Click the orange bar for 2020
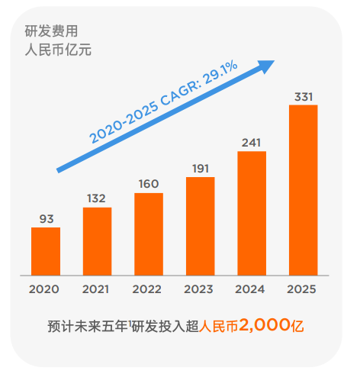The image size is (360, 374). click(46, 251)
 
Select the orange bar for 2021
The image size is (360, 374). click(97, 241)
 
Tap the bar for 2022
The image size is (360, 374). click(149, 234)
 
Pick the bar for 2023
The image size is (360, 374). click(200, 226)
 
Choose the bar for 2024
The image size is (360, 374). click(252, 213)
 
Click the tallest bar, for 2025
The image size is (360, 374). click(303, 190)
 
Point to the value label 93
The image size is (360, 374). click(46, 219)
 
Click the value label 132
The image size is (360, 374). click(97, 198)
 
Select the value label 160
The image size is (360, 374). click(149, 184)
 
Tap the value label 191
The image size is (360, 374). click(200, 169)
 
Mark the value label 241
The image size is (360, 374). click(252, 143)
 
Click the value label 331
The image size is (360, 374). click(303, 96)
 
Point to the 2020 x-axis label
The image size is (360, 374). click(45, 290)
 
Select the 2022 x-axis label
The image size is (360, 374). click(148, 290)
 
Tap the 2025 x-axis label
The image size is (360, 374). click(303, 290)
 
